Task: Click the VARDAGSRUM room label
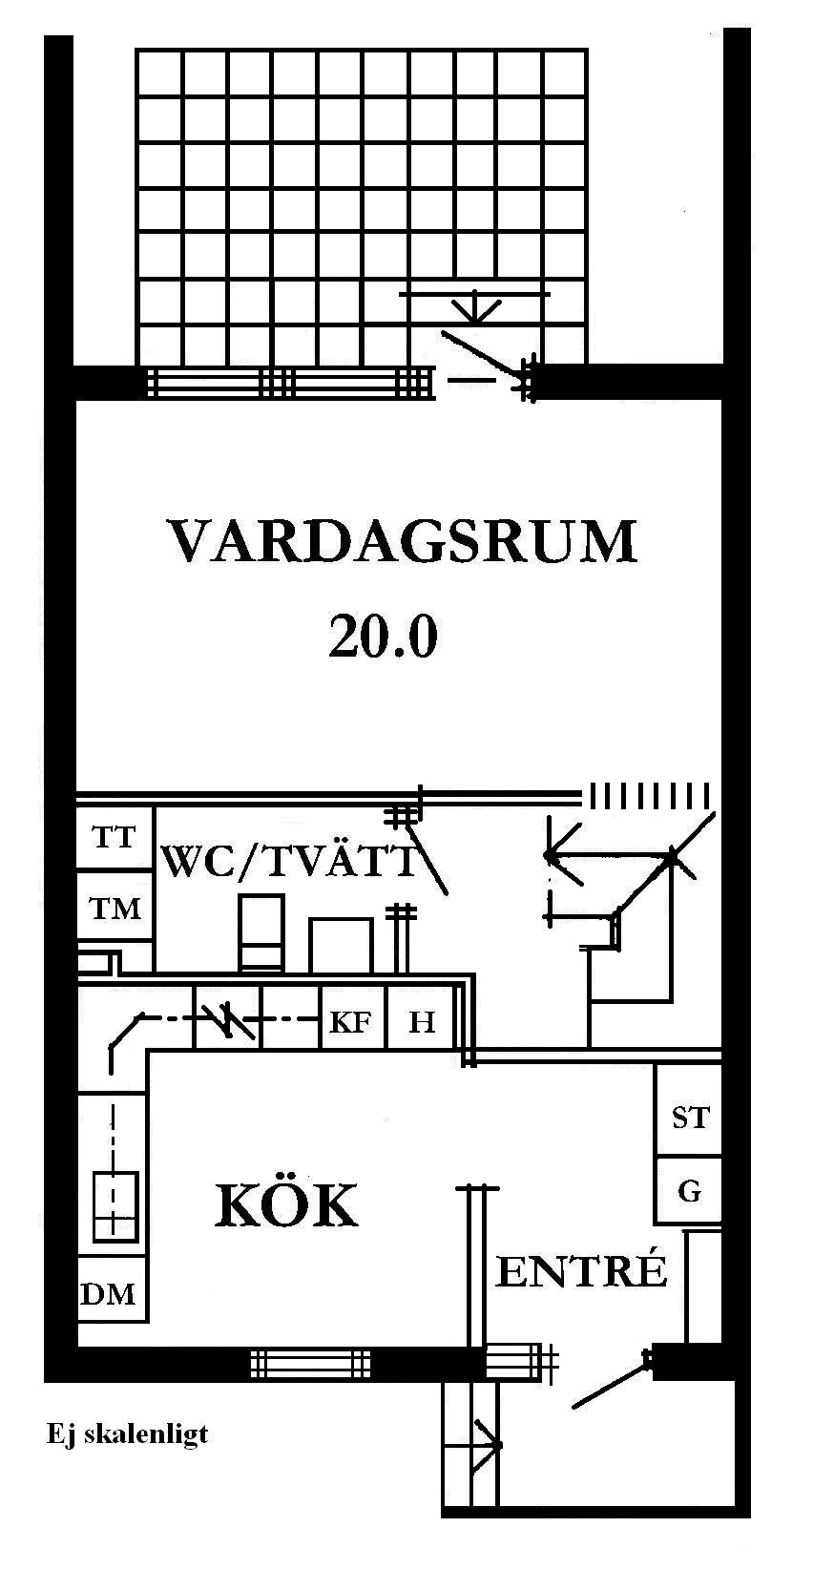point(402,541)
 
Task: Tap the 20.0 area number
point(383,637)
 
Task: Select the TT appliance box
point(115,838)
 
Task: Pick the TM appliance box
point(115,908)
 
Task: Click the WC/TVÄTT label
point(290,862)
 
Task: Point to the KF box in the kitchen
point(350,1022)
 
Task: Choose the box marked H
point(421,1022)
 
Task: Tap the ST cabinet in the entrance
point(690,1116)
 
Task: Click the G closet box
point(689,1190)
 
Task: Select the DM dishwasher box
point(108,1295)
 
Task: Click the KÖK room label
point(286,1205)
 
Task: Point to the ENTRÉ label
point(579,1271)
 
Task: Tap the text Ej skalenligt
point(127,1434)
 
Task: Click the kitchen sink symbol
point(114,1207)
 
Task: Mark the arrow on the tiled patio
point(473,307)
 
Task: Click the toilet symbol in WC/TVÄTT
point(261,931)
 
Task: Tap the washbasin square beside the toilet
point(341,945)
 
